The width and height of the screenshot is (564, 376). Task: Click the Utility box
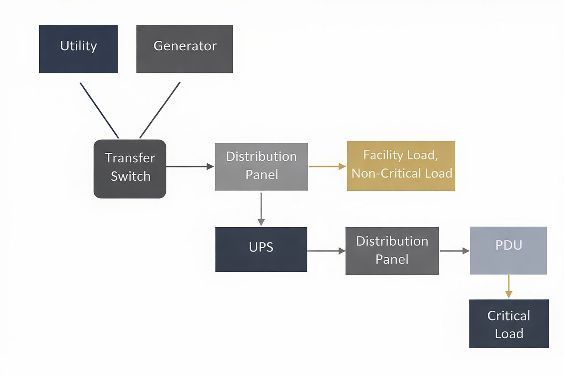pyautogui.click(x=78, y=49)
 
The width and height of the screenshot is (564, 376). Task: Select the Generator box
pyautogui.click(x=184, y=49)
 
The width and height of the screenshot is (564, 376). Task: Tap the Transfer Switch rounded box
pyautogui.click(x=130, y=169)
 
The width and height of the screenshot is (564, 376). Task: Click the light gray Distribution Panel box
pyautogui.click(x=261, y=166)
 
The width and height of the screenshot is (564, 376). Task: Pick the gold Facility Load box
pyautogui.click(x=401, y=166)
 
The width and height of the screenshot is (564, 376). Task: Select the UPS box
pyautogui.click(x=261, y=249)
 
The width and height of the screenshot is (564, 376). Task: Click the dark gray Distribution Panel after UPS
pyautogui.click(x=392, y=250)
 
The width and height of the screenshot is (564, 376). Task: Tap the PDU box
pyautogui.click(x=508, y=250)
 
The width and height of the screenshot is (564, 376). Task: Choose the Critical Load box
pyautogui.click(x=509, y=323)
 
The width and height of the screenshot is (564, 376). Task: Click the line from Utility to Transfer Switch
pyautogui.click(x=99, y=110)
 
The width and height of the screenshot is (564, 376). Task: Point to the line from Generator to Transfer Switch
pyautogui.click(x=160, y=110)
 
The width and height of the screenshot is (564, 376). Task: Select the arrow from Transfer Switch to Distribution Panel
pyautogui.click(x=189, y=166)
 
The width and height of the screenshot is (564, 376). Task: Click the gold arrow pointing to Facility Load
pyautogui.click(x=327, y=166)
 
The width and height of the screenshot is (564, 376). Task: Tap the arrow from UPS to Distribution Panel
pyautogui.click(x=326, y=251)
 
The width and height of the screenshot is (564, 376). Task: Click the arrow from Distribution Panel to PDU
pyautogui.click(x=454, y=251)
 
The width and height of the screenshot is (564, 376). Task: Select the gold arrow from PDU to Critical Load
pyautogui.click(x=509, y=286)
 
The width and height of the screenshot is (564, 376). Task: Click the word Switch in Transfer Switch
pyautogui.click(x=130, y=177)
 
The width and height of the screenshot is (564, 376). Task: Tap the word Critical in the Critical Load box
pyautogui.click(x=509, y=316)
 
